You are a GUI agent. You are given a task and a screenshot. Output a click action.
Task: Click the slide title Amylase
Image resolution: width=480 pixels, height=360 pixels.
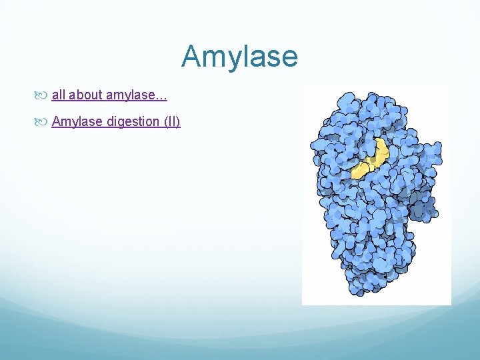(x=239, y=56)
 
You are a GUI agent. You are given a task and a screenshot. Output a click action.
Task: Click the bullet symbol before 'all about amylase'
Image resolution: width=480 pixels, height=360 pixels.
(x=43, y=95)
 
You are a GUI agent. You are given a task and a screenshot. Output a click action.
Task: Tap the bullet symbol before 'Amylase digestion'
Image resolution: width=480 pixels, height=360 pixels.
(x=43, y=122)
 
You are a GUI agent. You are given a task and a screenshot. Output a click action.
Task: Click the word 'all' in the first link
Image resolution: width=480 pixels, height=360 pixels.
(x=58, y=95)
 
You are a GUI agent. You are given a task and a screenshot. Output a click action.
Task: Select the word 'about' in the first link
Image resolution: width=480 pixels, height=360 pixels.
(x=83, y=95)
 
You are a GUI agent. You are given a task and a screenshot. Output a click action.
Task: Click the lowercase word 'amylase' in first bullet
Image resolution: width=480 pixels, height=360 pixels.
(x=128, y=95)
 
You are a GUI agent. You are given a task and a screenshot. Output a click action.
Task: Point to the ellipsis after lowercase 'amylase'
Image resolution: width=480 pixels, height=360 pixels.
(x=160, y=98)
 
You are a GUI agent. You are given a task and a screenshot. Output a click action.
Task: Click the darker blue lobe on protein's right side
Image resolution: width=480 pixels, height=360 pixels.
(x=424, y=207)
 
